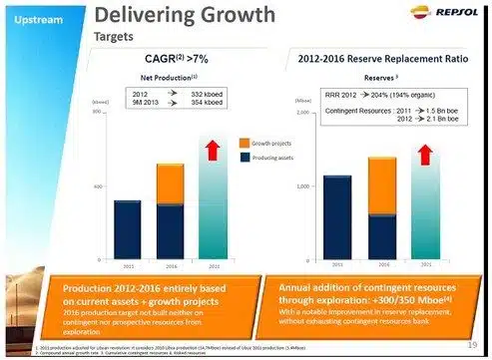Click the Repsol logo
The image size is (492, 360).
(x=445, y=18)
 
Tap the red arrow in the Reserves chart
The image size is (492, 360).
(x=427, y=155)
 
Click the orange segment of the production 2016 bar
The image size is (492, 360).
(x=170, y=184)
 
